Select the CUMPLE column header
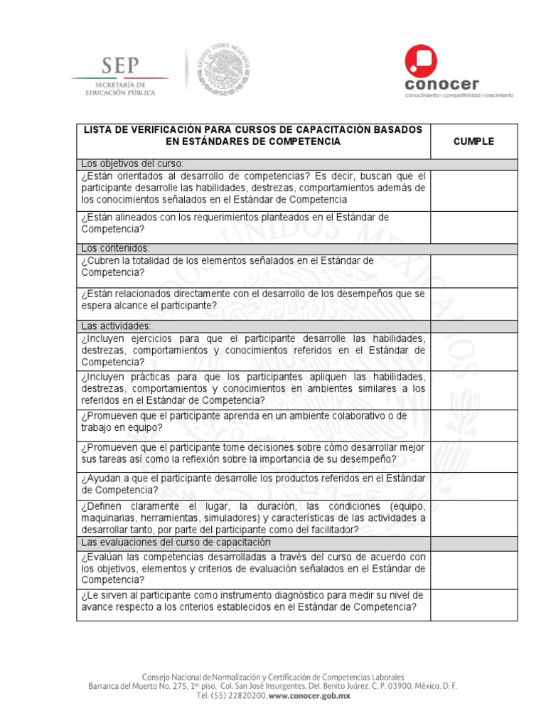tap(473, 141)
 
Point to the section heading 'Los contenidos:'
tap(115, 248)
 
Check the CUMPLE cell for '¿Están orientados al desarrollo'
tap(473, 188)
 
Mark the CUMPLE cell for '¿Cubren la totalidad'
tap(473, 271)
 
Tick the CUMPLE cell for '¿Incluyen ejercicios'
tap(473, 350)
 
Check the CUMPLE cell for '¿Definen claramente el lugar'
tap(473, 518)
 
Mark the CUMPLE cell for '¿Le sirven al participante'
tap(473, 604)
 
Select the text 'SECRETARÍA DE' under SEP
tap(119, 84)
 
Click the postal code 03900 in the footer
tap(387, 686)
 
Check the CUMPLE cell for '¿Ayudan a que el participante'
tap(473, 485)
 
